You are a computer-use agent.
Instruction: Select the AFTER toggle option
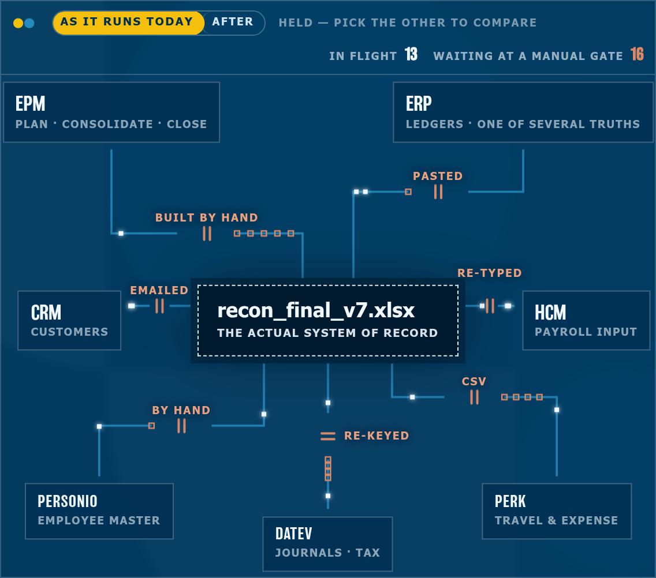(233, 22)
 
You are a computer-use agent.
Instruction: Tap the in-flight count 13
(411, 54)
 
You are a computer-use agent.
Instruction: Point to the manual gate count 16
(637, 54)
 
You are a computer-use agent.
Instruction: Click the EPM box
(111, 112)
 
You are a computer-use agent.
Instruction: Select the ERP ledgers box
(523, 112)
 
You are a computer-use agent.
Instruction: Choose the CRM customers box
(69, 321)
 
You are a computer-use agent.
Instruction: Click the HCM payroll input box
(586, 321)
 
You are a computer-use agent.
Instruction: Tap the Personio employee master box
(99, 511)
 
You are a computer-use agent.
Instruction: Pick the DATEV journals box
(327, 544)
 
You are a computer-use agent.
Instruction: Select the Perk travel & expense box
(557, 511)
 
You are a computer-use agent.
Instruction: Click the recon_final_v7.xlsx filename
(316, 310)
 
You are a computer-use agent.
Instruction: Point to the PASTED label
(438, 176)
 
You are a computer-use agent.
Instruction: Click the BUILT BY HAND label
(206, 217)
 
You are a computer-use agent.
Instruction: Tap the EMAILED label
(159, 290)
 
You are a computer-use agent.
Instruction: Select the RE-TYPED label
(490, 273)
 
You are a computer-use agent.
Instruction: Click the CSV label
(474, 381)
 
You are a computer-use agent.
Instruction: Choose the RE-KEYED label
(377, 436)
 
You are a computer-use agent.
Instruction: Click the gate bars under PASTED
(438, 192)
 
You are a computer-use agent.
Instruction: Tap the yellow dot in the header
(18, 23)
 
